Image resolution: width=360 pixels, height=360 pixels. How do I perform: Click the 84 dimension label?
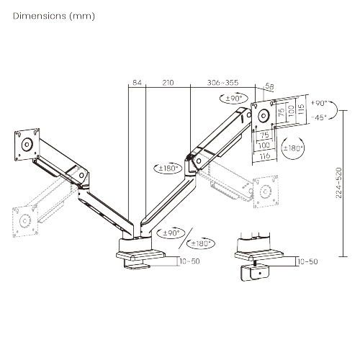point(137,84)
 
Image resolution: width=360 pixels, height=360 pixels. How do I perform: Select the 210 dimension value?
point(168,84)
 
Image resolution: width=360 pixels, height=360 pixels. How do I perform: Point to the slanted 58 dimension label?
point(270,87)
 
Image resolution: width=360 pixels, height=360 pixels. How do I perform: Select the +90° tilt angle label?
point(318,104)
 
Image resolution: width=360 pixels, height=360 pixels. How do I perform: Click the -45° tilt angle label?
point(318,117)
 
